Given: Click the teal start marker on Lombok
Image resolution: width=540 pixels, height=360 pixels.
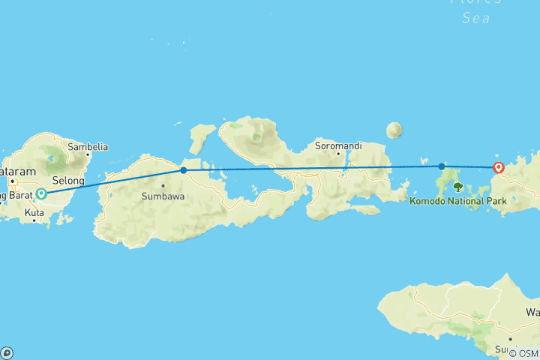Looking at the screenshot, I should [41, 193].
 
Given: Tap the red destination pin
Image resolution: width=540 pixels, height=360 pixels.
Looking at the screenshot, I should [498, 168].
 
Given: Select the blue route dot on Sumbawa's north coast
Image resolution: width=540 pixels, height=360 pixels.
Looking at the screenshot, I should [184, 170].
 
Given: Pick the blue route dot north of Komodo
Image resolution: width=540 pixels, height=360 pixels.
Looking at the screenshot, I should [442, 166].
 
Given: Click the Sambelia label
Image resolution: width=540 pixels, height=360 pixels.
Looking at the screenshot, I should [88, 147].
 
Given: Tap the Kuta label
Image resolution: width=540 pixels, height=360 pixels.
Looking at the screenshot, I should [34, 213].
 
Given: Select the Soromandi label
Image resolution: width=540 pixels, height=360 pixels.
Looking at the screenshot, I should [334, 144].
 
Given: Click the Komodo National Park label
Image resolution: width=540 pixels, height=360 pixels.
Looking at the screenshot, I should [458, 201].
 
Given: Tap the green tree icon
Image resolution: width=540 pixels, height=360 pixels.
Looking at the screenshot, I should [457, 187].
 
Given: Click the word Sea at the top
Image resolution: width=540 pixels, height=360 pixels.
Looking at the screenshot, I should [476, 16].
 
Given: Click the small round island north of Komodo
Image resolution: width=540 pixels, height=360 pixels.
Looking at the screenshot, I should [394, 130].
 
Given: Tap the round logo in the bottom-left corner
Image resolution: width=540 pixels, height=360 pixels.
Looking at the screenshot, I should [7, 352].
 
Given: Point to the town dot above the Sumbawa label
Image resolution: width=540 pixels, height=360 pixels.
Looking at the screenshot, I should [163, 185].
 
